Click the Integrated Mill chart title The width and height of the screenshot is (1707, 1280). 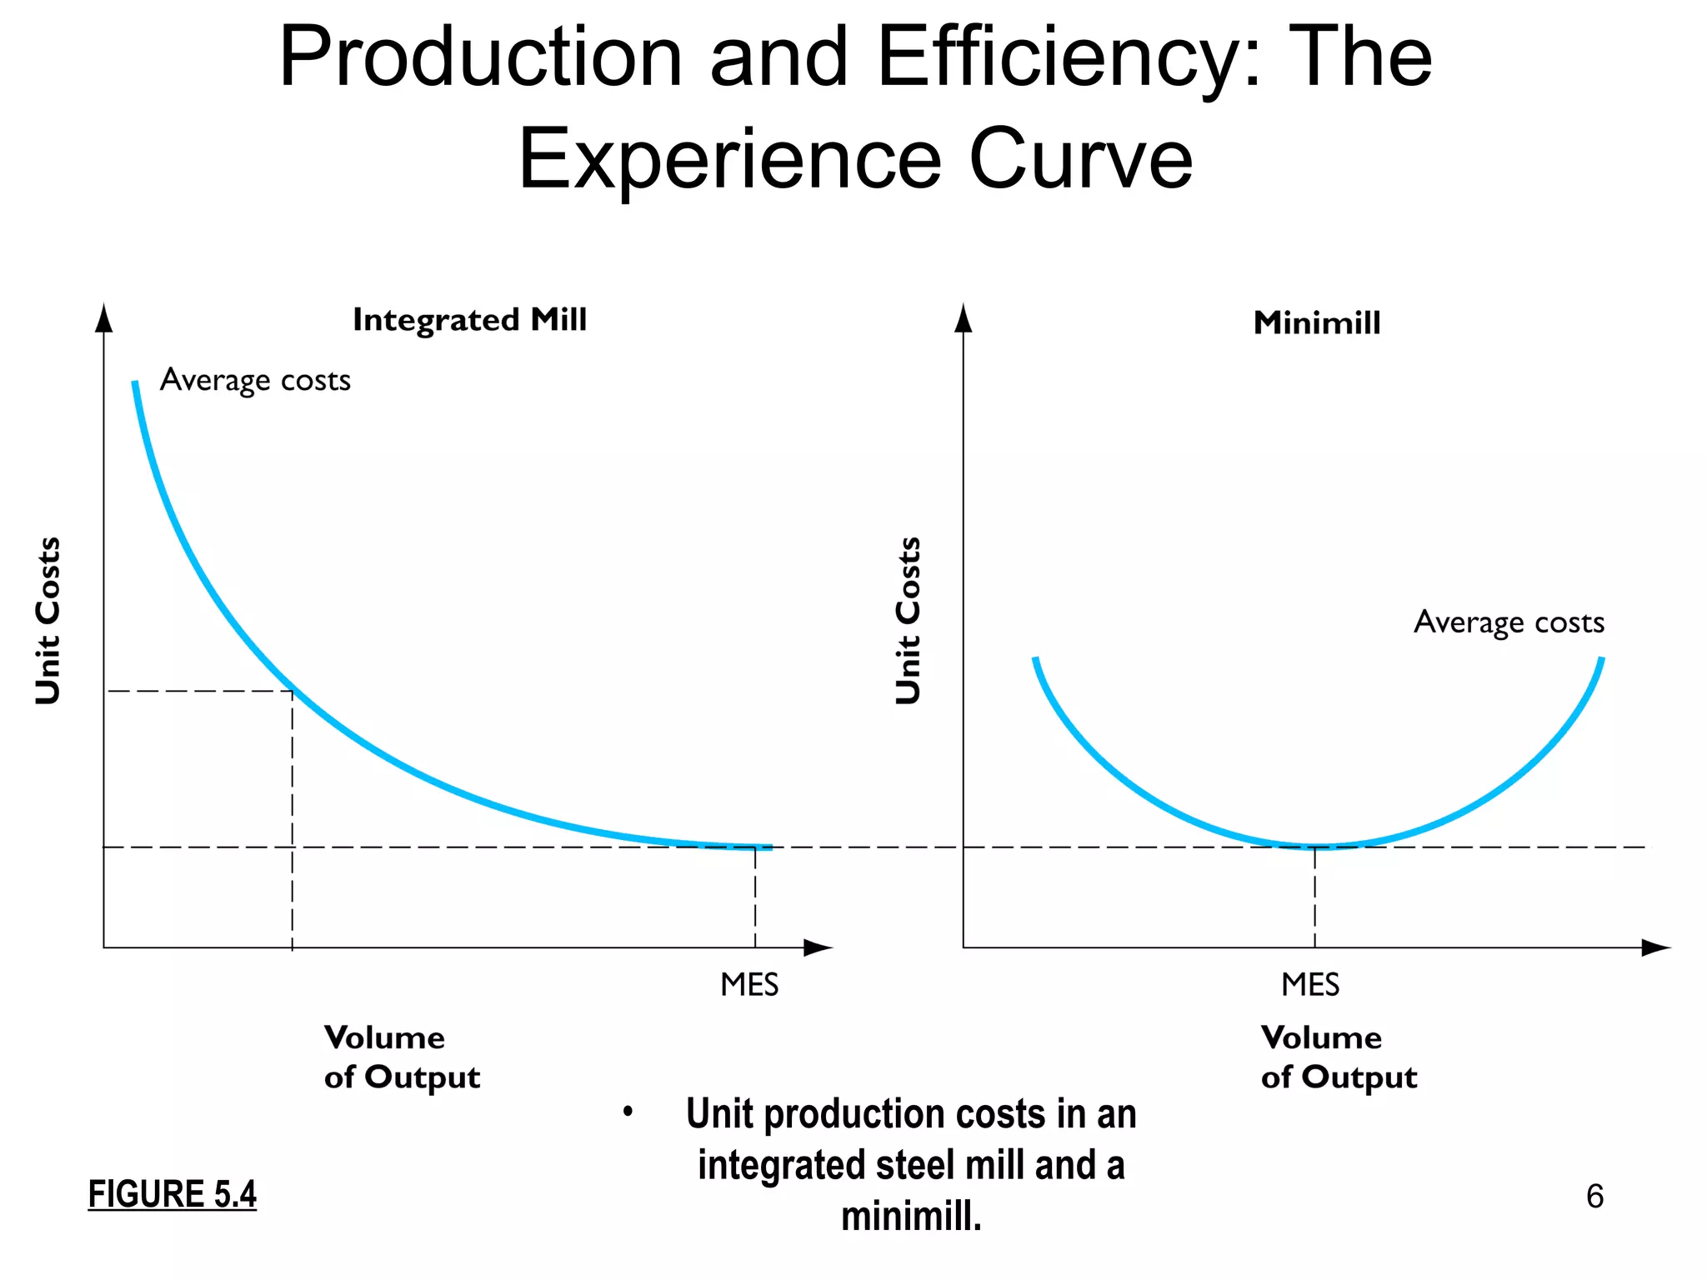pos(469,320)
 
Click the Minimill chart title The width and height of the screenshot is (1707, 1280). pos(1317,323)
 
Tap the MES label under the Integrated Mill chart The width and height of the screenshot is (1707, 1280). pos(749,985)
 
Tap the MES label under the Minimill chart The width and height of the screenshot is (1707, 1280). pos(1310,985)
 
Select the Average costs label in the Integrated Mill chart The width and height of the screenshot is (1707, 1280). pos(255,380)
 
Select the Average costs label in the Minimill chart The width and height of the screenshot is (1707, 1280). pos(1509,622)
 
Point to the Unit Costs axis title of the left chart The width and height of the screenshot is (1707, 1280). pos(48,621)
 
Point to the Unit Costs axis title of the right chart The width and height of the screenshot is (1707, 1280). pos(909,621)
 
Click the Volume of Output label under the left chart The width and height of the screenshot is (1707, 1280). pos(402,1057)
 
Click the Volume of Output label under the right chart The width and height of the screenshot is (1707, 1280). pos(1339,1057)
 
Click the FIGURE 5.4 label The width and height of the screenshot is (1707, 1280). pos(173,1194)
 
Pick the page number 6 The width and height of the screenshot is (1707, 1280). pos(1594,1197)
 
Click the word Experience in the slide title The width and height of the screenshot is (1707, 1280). pos(729,158)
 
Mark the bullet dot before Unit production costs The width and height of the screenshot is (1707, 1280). pos(628,1112)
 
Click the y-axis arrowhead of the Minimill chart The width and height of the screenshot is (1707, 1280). pos(964,318)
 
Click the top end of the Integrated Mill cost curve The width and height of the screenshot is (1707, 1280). pos(135,383)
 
